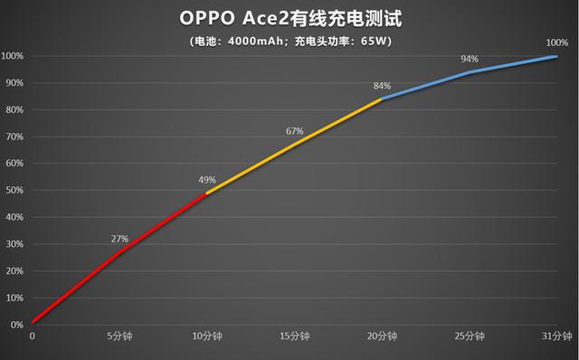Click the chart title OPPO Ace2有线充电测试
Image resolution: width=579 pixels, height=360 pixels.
coord(289,19)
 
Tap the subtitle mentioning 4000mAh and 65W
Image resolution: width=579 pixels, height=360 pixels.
coord(289,42)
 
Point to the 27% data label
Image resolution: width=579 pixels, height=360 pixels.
coord(119,239)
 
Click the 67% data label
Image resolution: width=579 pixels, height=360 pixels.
coord(294,131)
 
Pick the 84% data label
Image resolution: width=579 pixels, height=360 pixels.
coord(382,86)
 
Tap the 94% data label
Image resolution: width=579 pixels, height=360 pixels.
coord(470,59)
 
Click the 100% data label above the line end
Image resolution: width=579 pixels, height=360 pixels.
coord(557,43)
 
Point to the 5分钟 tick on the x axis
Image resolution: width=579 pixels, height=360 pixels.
coord(119,336)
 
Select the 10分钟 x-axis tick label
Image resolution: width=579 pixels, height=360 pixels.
coord(207,336)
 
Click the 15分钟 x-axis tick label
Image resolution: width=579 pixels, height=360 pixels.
coord(294,336)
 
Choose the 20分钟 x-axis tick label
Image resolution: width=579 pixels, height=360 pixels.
coord(382,336)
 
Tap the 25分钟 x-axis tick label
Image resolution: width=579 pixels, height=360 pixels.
coord(470,336)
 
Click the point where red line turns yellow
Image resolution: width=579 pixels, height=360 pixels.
coord(207,193)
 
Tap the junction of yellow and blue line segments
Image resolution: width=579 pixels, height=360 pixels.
coord(382,99)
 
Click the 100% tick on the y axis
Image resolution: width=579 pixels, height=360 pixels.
coord(12,56)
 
